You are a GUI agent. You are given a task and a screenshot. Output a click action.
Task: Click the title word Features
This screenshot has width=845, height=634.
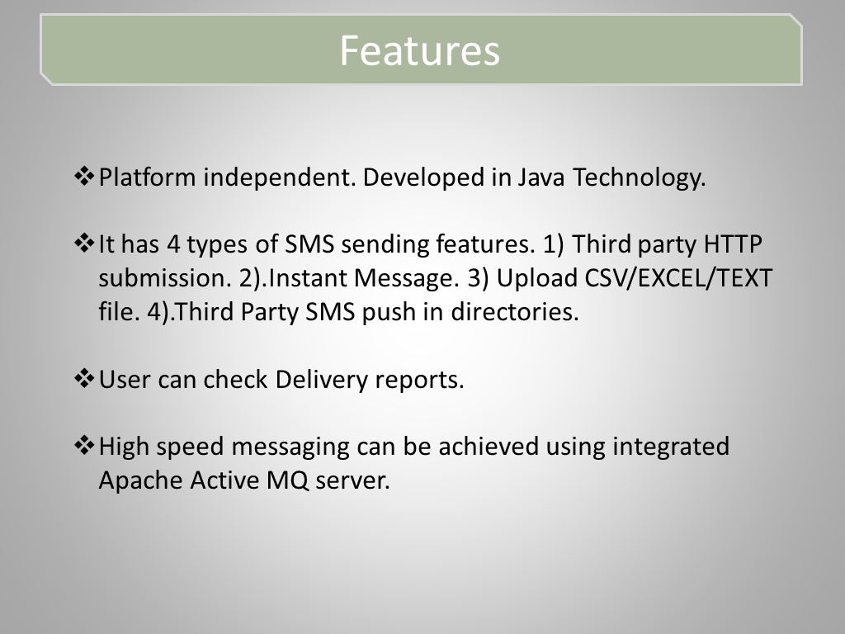point(420,50)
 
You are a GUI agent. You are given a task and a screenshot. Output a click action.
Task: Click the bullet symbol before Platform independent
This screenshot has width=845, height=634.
point(84,176)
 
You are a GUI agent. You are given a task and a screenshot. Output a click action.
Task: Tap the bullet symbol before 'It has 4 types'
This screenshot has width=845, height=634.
point(84,243)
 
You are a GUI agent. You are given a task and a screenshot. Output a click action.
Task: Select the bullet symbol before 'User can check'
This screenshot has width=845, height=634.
point(84,378)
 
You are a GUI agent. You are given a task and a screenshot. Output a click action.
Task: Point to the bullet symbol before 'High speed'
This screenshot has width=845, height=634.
point(84,445)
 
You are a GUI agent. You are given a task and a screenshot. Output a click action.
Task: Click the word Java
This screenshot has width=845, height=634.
point(541,177)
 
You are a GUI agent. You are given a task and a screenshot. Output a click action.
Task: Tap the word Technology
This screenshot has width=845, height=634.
point(639,178)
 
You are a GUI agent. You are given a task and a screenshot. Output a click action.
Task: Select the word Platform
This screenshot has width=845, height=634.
point(147,177)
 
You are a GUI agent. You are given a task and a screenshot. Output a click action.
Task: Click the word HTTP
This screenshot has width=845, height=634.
point(733,244)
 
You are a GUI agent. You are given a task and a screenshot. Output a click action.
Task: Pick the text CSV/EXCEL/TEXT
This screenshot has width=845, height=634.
point(678,278)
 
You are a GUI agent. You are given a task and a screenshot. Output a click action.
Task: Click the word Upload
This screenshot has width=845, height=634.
point(536,279)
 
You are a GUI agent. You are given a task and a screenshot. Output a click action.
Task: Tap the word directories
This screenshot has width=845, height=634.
point(515,311)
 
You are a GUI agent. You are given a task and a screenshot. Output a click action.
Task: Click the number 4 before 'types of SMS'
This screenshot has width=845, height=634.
point(173,244)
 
